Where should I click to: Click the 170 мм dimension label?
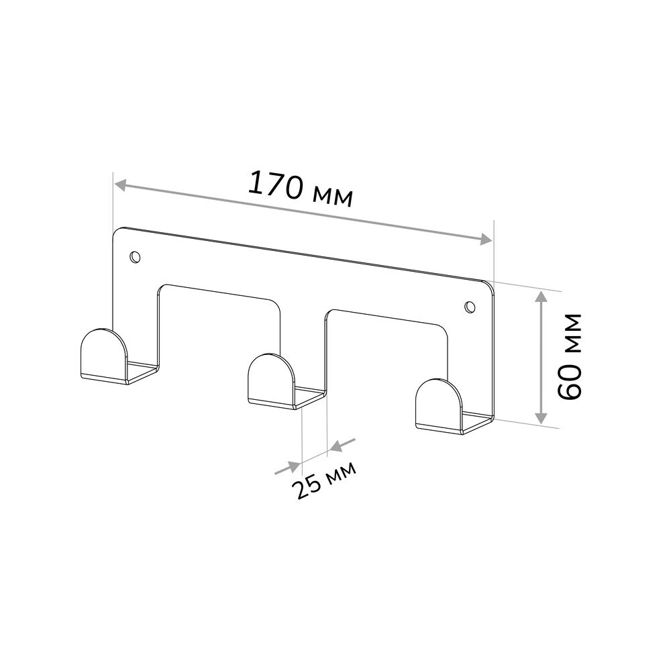[301, 189]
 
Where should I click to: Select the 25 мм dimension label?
[323, 480]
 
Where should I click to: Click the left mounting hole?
[136, 257]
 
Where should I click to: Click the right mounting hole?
[470, 307]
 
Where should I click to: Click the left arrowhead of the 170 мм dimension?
[121, 185]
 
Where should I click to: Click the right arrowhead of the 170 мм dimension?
[486, 240]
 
